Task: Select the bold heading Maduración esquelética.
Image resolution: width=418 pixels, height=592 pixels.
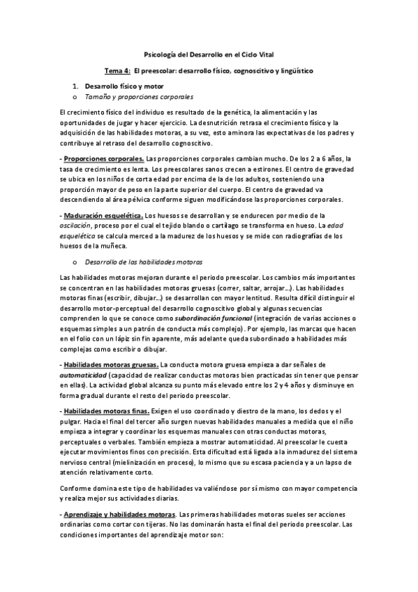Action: click(104, 216)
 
